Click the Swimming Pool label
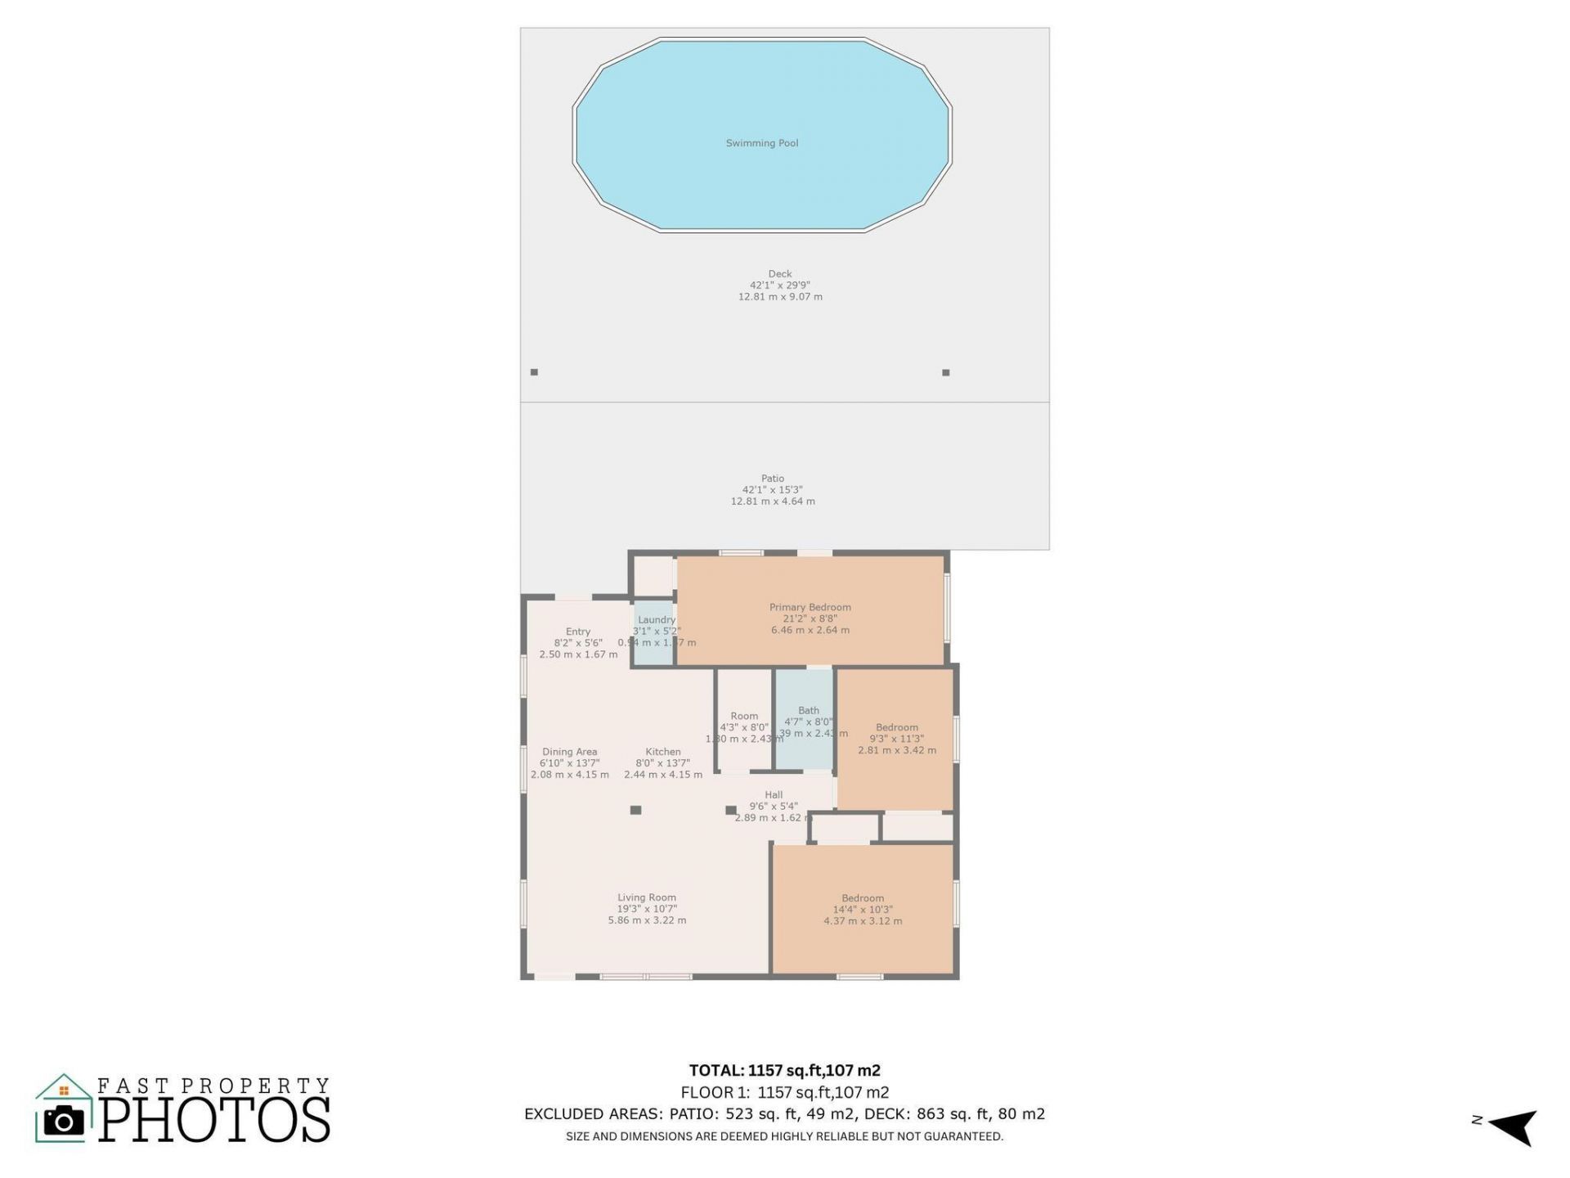point(761,143)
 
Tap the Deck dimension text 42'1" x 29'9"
point(779,286)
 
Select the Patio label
point(773,479)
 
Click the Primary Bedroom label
point(810,607)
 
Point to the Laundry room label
point(657,620)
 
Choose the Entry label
point(578,632)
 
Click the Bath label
point(808,711)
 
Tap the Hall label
point(774,795)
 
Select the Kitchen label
point(662,752)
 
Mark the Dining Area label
point(569,752)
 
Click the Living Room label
point(647,897)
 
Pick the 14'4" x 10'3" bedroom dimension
point(863,910)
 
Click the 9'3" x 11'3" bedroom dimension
point(897,739)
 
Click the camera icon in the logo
point(63,1122)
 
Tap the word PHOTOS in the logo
point(215,1120)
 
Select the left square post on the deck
point(534,372)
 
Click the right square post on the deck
point(946,372)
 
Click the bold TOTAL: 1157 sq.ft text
point(784,1070)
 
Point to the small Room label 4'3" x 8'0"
point(744,717)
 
